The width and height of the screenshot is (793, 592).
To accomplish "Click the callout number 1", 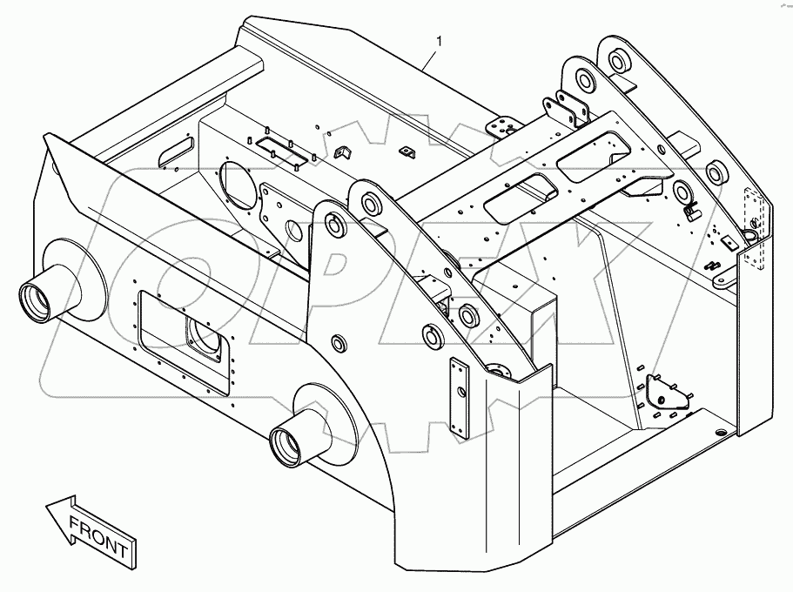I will tap(440, 41).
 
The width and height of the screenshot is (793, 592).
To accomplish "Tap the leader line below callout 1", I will tap(430, 59).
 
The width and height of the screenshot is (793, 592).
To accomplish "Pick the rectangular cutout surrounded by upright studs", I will tap(284, 149).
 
